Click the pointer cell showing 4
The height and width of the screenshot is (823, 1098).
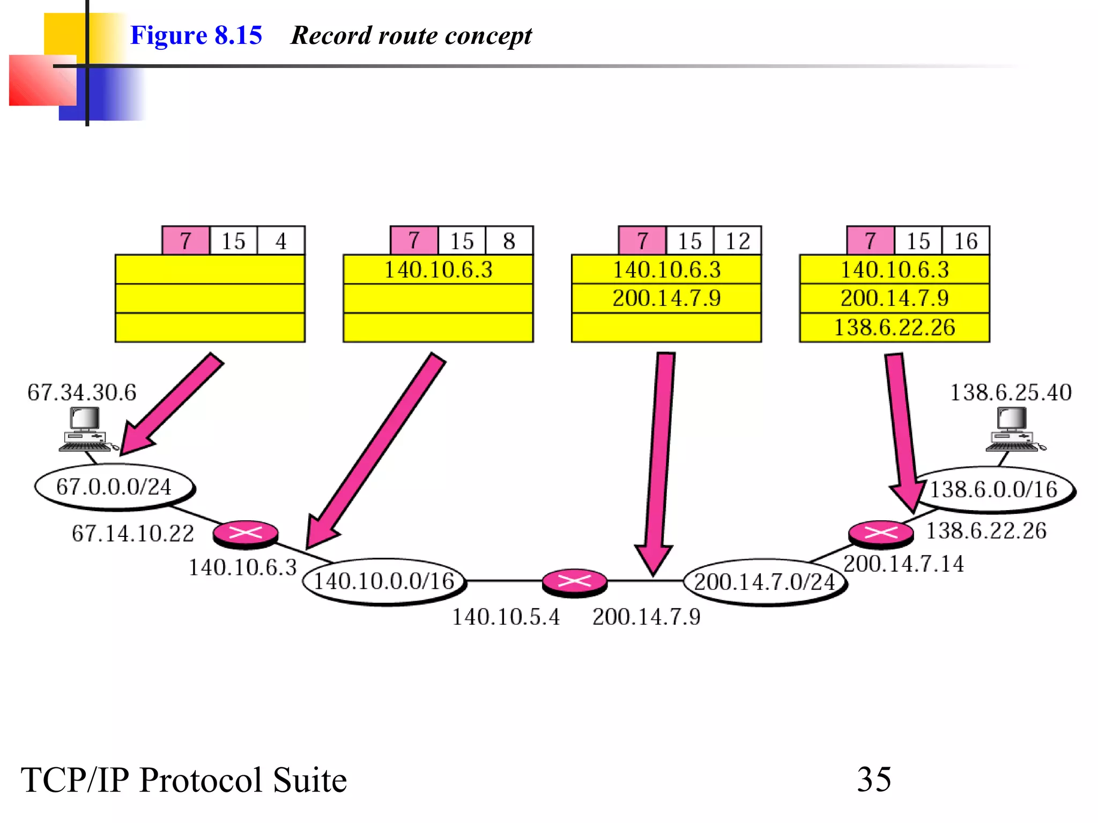click(281, 241)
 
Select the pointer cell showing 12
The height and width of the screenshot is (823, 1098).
click(737, 241)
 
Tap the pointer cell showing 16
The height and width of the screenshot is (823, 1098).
click(966, 241)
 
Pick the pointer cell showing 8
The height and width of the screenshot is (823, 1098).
click(509, 241)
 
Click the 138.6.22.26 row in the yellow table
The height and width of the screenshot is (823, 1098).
click(894, 327)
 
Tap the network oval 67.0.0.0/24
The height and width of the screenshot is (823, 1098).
click(114, 487)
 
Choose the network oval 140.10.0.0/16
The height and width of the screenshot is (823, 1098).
click(384, 581)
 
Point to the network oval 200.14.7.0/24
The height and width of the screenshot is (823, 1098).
click(765, 582)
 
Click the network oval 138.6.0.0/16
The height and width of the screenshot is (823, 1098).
click(994, 489)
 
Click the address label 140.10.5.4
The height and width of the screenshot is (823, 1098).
click(506, 617)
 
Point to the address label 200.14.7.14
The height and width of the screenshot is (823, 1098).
click(903, 564)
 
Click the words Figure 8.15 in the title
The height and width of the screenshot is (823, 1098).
click(196, 35)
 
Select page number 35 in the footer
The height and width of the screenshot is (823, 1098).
click(874, 779)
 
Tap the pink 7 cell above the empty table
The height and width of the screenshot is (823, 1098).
click(186, 241)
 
